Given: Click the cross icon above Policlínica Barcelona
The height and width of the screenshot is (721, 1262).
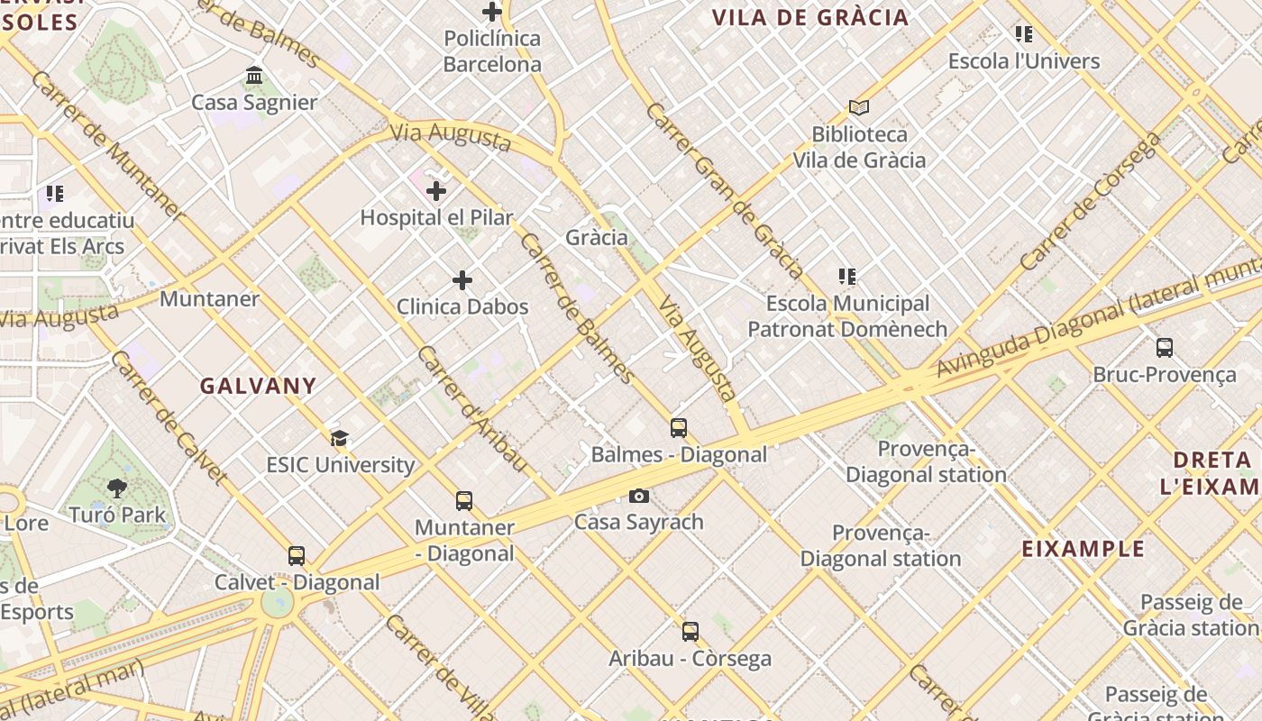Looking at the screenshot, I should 491,12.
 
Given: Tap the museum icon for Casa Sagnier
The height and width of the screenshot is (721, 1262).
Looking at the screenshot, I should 254,75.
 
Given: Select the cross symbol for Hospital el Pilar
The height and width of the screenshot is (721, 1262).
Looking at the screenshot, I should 436,190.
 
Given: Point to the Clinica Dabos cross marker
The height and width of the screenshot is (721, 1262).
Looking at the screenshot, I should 462,280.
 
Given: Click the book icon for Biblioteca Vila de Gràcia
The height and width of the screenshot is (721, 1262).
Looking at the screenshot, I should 859,107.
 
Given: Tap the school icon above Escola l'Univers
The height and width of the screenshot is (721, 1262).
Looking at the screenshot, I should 1023,34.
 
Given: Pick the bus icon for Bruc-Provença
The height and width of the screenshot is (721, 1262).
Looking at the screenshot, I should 1164,347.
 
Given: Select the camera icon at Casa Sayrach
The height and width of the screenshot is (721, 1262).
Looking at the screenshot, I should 638,496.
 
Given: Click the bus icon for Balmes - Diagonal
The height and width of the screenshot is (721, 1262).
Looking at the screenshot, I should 679,428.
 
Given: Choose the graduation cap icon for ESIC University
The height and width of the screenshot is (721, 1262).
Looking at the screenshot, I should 340,439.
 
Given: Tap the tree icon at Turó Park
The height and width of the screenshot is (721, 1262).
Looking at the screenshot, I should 116,488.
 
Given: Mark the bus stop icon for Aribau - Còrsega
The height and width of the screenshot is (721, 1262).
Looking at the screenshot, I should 690,632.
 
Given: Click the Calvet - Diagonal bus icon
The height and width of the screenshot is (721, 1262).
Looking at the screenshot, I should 297,556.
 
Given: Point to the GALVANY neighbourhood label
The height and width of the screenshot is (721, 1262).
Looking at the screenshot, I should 258,386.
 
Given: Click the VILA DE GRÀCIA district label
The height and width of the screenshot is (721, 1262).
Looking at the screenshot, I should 809,18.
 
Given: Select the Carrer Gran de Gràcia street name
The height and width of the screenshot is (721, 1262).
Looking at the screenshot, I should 725,190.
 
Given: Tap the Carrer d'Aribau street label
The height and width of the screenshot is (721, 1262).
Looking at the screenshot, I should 471,408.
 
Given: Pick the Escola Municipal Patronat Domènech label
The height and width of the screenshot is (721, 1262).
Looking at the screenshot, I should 847,316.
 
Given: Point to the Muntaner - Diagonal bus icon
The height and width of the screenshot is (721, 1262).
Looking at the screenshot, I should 464,501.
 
